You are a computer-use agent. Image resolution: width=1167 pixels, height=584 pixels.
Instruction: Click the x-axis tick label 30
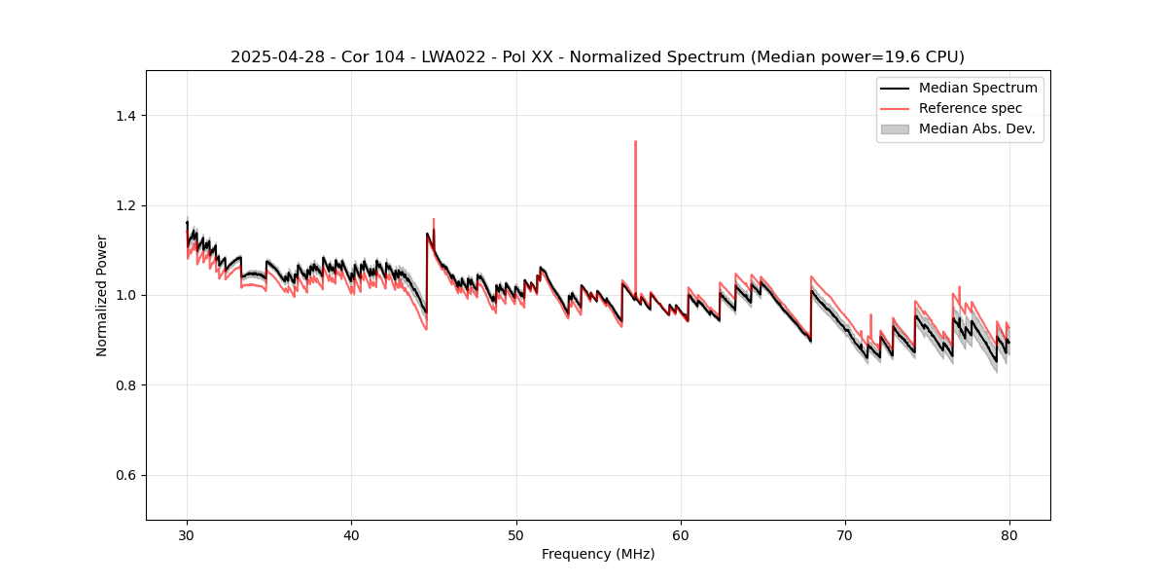coord(188,534)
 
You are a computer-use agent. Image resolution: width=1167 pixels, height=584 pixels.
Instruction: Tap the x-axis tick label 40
coord(352,534)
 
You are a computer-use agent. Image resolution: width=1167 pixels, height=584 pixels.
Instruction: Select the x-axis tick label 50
coord(516,534)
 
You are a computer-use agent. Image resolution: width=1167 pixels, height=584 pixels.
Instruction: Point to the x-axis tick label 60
coord(681,534)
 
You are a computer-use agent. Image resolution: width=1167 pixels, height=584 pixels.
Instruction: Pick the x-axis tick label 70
coord(845,534)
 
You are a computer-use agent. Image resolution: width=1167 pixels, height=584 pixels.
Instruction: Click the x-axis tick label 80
coord(1009,534)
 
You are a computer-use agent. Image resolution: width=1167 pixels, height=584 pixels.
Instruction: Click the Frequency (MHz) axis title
coord(598,554)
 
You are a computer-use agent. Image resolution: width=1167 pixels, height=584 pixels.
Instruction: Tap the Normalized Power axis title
coord(102,295)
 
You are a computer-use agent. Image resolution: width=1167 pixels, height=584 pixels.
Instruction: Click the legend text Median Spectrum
coord(977,88)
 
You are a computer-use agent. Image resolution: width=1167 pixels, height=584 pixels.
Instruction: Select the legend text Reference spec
coord(971,108)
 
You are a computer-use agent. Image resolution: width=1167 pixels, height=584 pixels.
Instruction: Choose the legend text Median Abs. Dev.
coord(976,128)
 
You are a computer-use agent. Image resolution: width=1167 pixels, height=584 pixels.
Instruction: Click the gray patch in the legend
coord(895,128)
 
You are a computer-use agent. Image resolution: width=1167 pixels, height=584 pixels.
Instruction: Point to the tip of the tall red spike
coord(635,141)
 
